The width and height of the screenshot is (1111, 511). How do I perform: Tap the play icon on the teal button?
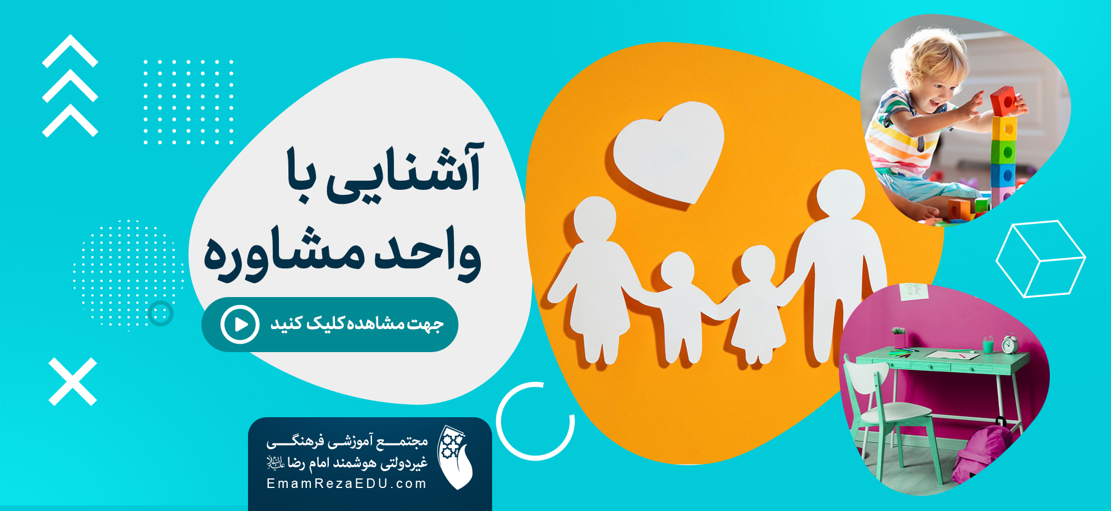240,325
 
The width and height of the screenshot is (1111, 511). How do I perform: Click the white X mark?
73,382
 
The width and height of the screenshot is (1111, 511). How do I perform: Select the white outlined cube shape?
1041,258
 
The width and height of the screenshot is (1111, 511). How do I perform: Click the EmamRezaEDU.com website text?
347,483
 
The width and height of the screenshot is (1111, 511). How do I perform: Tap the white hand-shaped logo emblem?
455,457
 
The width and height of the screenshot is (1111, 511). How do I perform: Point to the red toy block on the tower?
1004,101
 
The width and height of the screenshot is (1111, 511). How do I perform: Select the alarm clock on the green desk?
1010,344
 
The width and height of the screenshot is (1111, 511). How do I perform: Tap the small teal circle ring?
161,313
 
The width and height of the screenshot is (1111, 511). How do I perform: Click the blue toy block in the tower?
1003,176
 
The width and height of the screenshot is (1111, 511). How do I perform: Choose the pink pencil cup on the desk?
899,339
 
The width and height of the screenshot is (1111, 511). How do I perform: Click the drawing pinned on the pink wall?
913,290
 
